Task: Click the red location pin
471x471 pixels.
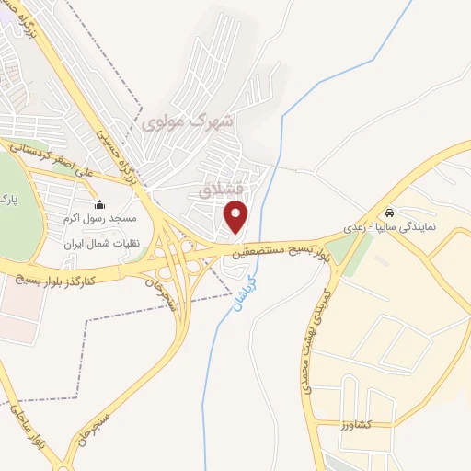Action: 237,219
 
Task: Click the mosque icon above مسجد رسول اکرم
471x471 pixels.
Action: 99,204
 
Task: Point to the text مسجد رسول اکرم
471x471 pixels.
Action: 99,219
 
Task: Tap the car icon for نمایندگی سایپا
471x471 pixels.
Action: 391,210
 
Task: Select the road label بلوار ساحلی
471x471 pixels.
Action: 20,419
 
